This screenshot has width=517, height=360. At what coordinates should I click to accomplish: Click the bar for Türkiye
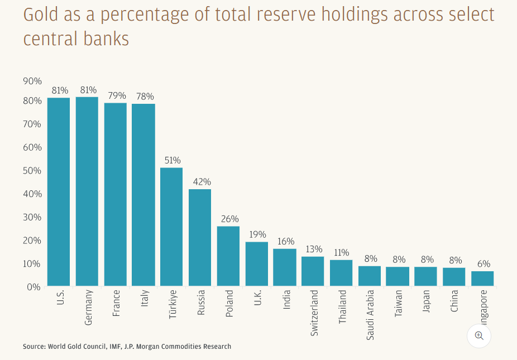click(171, 227)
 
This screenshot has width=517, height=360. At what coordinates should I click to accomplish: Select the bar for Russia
click(200, 238)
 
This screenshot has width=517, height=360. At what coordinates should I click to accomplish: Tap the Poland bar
click(228, 256)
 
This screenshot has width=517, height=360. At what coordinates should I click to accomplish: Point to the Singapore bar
click(482, 279)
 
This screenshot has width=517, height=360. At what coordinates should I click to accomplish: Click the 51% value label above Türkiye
click(172, 160)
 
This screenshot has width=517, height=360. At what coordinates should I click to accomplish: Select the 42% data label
click(200, 182)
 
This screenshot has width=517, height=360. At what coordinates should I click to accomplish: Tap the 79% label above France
click(116, 95)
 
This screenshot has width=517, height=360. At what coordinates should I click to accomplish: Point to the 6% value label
click(483, 263)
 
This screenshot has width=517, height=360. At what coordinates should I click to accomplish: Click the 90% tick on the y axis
click(32, 81)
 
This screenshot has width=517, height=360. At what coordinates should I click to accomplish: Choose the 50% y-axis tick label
click(32, 170)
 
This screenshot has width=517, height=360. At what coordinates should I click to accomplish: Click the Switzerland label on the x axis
click(314, 313)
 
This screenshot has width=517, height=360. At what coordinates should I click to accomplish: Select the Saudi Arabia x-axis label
click(371, 315)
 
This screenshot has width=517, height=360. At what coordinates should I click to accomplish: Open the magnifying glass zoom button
click(478, 335)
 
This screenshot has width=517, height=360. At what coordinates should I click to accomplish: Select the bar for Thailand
click(341, 273)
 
